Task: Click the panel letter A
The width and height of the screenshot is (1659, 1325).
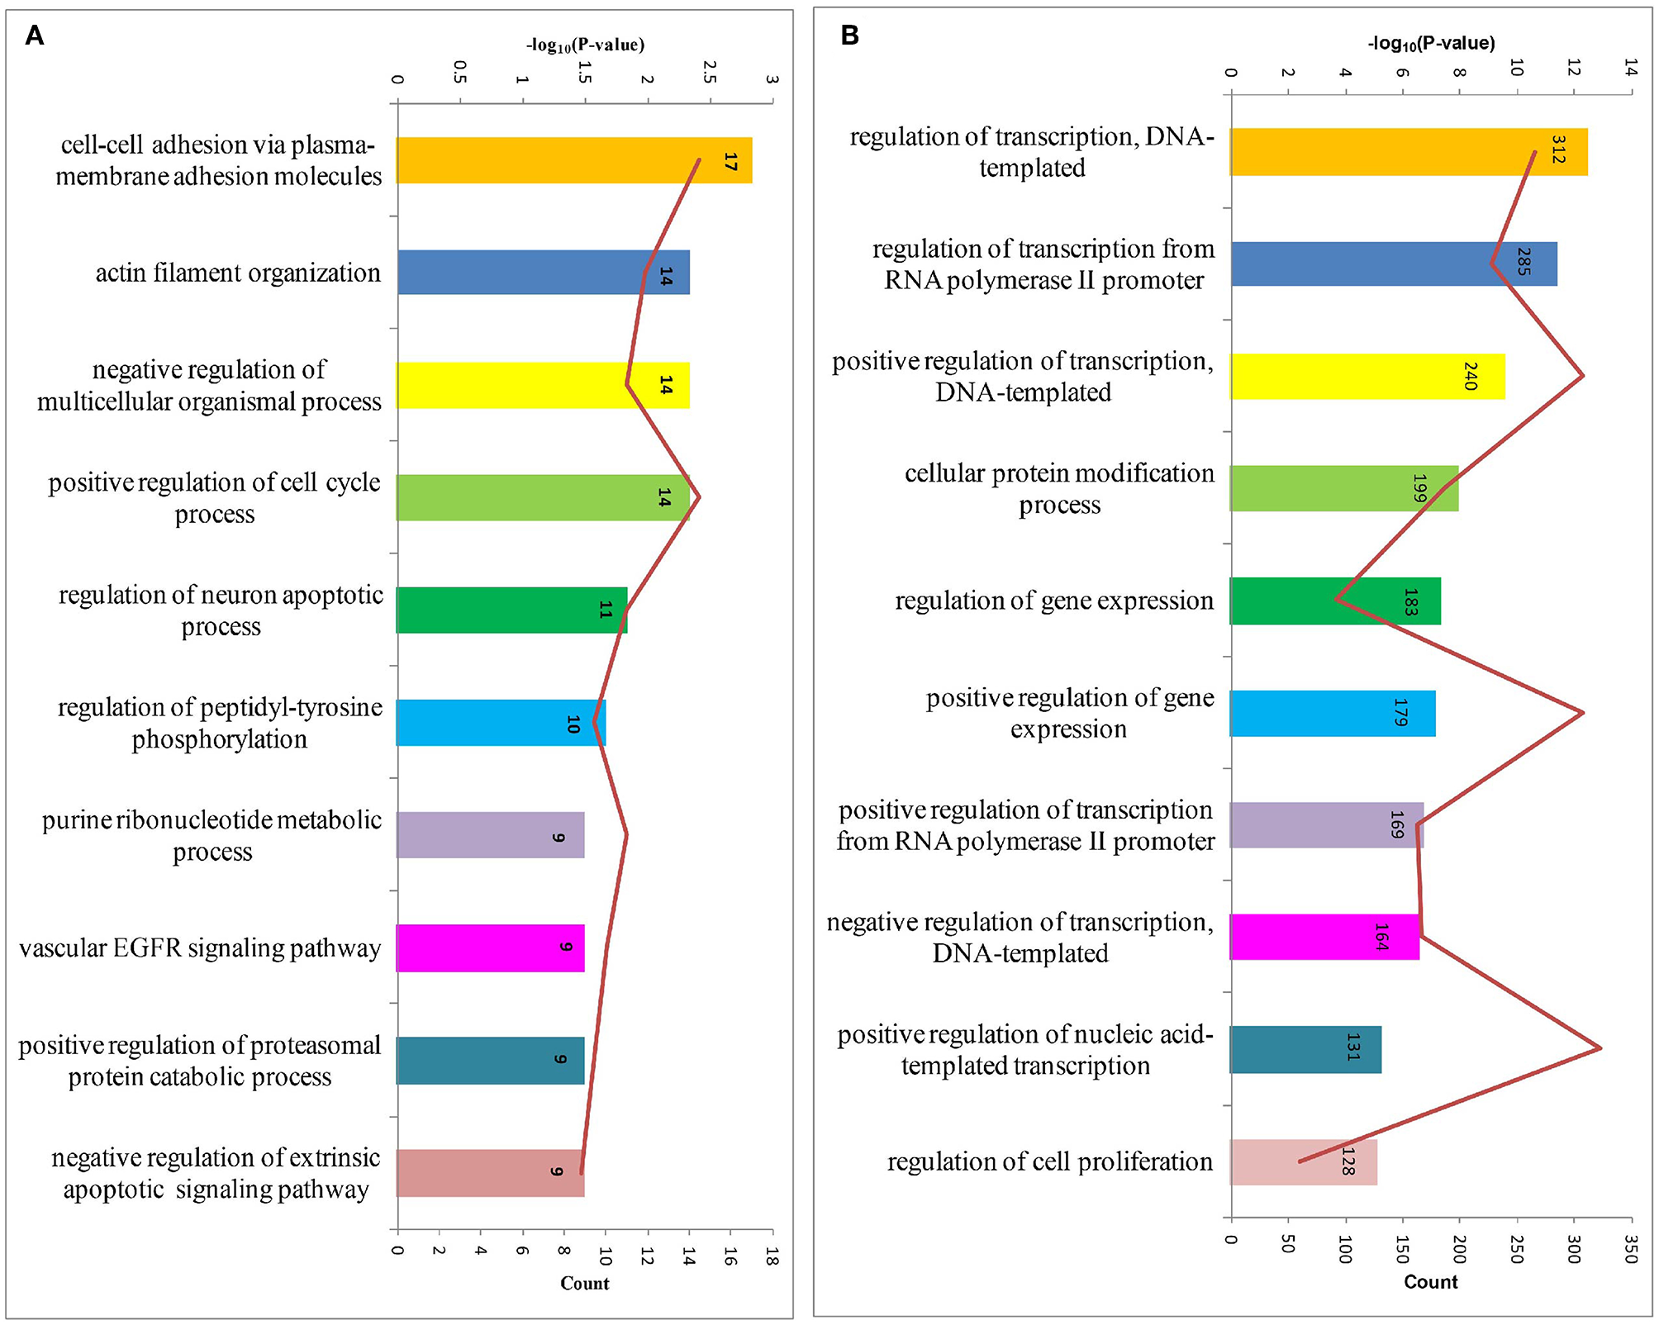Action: [x=34, y=36]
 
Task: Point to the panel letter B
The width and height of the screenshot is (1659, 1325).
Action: [x=849, y=36]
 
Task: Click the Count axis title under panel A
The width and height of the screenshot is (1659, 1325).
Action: [x=584, y=1283]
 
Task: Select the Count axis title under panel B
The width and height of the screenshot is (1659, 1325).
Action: [x=1430, y=1281]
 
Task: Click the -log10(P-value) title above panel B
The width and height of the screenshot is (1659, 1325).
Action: [x=1431, y=43]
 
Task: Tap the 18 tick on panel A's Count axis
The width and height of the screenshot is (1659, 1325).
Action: [x=772, y=1256]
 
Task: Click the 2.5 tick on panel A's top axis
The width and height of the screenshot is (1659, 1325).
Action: [x=709, y=73]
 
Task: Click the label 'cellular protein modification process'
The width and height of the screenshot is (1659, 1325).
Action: [x=1059, y=489]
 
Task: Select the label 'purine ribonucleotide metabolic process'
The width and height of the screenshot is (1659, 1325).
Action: [x=212, y=835]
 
